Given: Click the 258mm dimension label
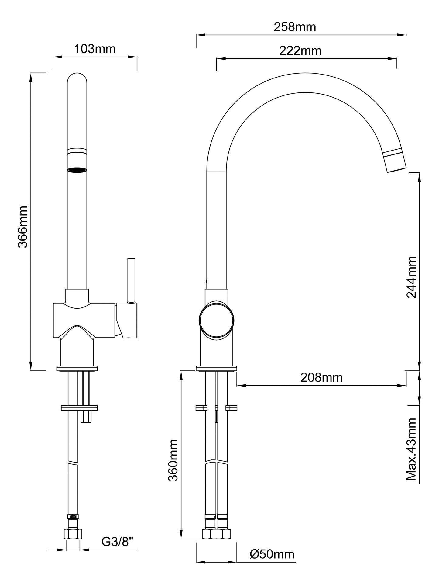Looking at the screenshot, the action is (x=295, y=27).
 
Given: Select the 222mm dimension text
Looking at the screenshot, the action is (x=300, y=51).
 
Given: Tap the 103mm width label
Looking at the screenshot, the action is (x=95, y=49).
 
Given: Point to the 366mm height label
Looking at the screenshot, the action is (x=23, y=227).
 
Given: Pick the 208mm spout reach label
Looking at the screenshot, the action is (x=321, y=377).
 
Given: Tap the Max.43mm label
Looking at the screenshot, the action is (x=411, y=449).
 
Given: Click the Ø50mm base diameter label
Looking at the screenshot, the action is (x=272, y=554).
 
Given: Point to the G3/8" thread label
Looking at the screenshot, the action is (x=117, y=541).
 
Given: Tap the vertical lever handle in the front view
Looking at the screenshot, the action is (x=131, y=280).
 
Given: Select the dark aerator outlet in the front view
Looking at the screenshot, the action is (x=77, y=170).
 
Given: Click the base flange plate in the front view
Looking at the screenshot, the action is (x=77, y=369).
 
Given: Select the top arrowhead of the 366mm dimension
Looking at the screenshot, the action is (x=31, y=78).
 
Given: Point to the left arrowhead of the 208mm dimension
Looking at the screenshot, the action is (x=241, y=386).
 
